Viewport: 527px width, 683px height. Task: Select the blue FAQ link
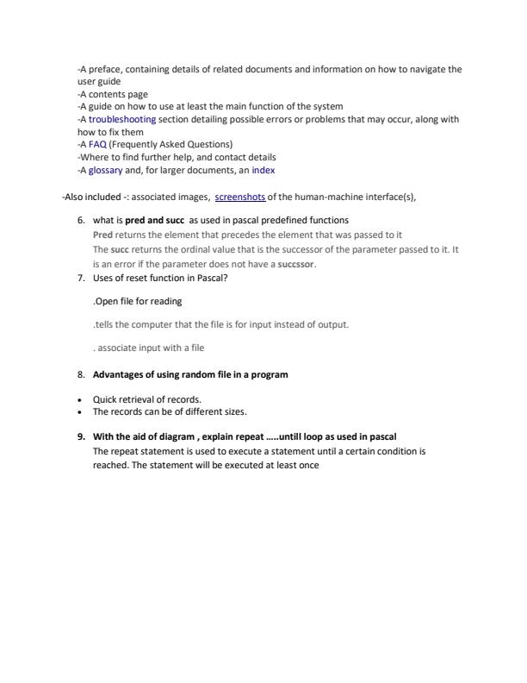click(x=97, y=144)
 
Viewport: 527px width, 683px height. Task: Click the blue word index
click(x=263, y=169)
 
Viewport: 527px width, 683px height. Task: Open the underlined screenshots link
click(x=240, y=197)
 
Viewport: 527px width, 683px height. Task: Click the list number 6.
click(x=81, y=221)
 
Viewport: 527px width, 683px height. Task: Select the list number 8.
click(x=81, y=374)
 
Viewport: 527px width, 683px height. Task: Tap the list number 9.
click(x=81, y=436)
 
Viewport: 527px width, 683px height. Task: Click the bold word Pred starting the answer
click(x=102, y=235)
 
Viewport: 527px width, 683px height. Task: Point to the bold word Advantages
click(x=118, y=374)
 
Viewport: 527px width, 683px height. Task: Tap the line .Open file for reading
click(x=137, y=302)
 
